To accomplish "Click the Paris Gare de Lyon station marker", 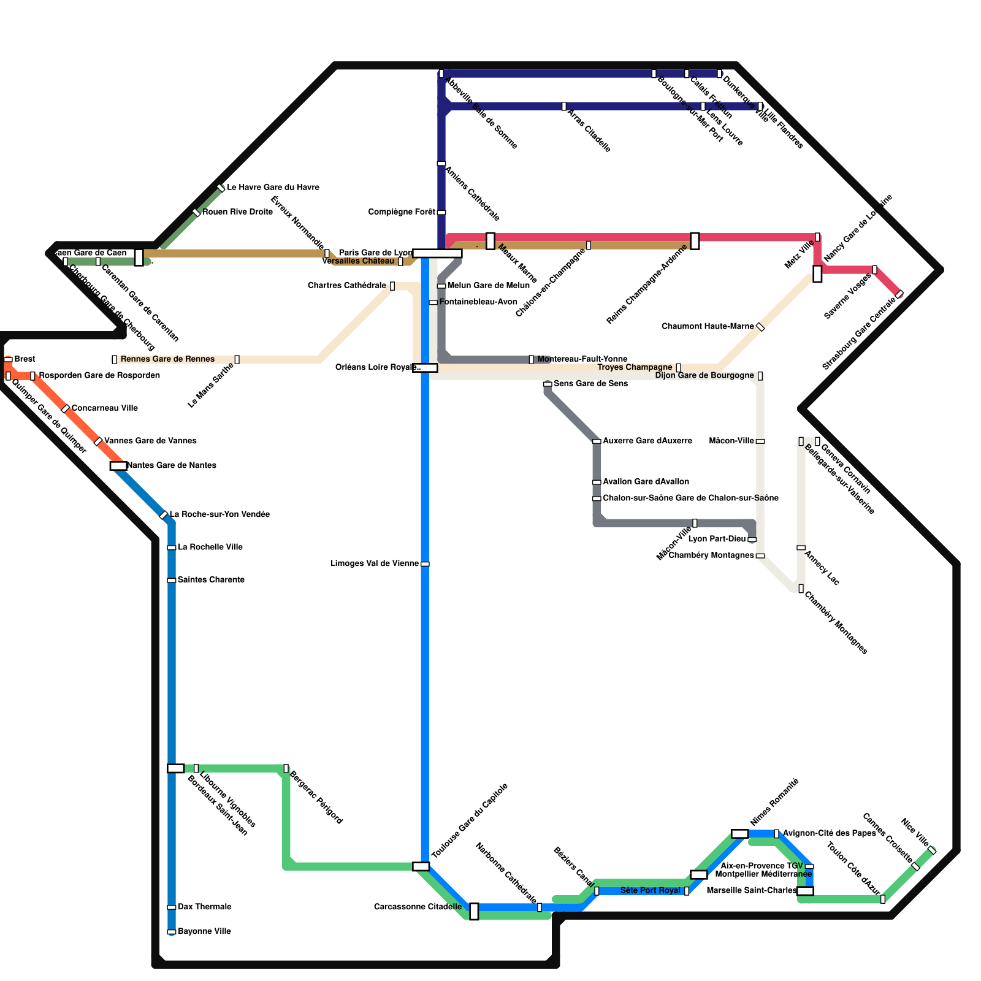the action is (x=437, y=253).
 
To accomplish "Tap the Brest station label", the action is (x=25, y=359).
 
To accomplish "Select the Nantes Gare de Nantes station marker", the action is (x=118, y=466).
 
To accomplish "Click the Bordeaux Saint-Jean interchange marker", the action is (x=176, y=768).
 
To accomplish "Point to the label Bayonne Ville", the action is (x=204, y=931).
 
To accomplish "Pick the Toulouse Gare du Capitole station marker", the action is (x=421, y=866).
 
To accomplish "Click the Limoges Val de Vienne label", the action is (x=375, y=563).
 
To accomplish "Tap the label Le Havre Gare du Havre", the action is (x=273, y=187).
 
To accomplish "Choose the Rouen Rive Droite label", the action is (x=237, y=212).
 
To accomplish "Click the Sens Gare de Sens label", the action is (x=590, y=384).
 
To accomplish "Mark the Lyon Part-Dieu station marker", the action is (x=752, y=540).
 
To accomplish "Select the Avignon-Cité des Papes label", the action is (x=829, y=833).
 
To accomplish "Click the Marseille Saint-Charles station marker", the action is (x=805, y=891).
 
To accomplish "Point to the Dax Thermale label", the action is (x=204, y=907).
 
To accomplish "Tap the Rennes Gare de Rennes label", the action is (x=167, y=359).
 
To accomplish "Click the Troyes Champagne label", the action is (x=635, y=367).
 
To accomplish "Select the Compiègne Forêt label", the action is (x=402, y=212).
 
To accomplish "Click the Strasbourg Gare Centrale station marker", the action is (x=899, y=294).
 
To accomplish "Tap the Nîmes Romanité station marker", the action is (x=740, y=834).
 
